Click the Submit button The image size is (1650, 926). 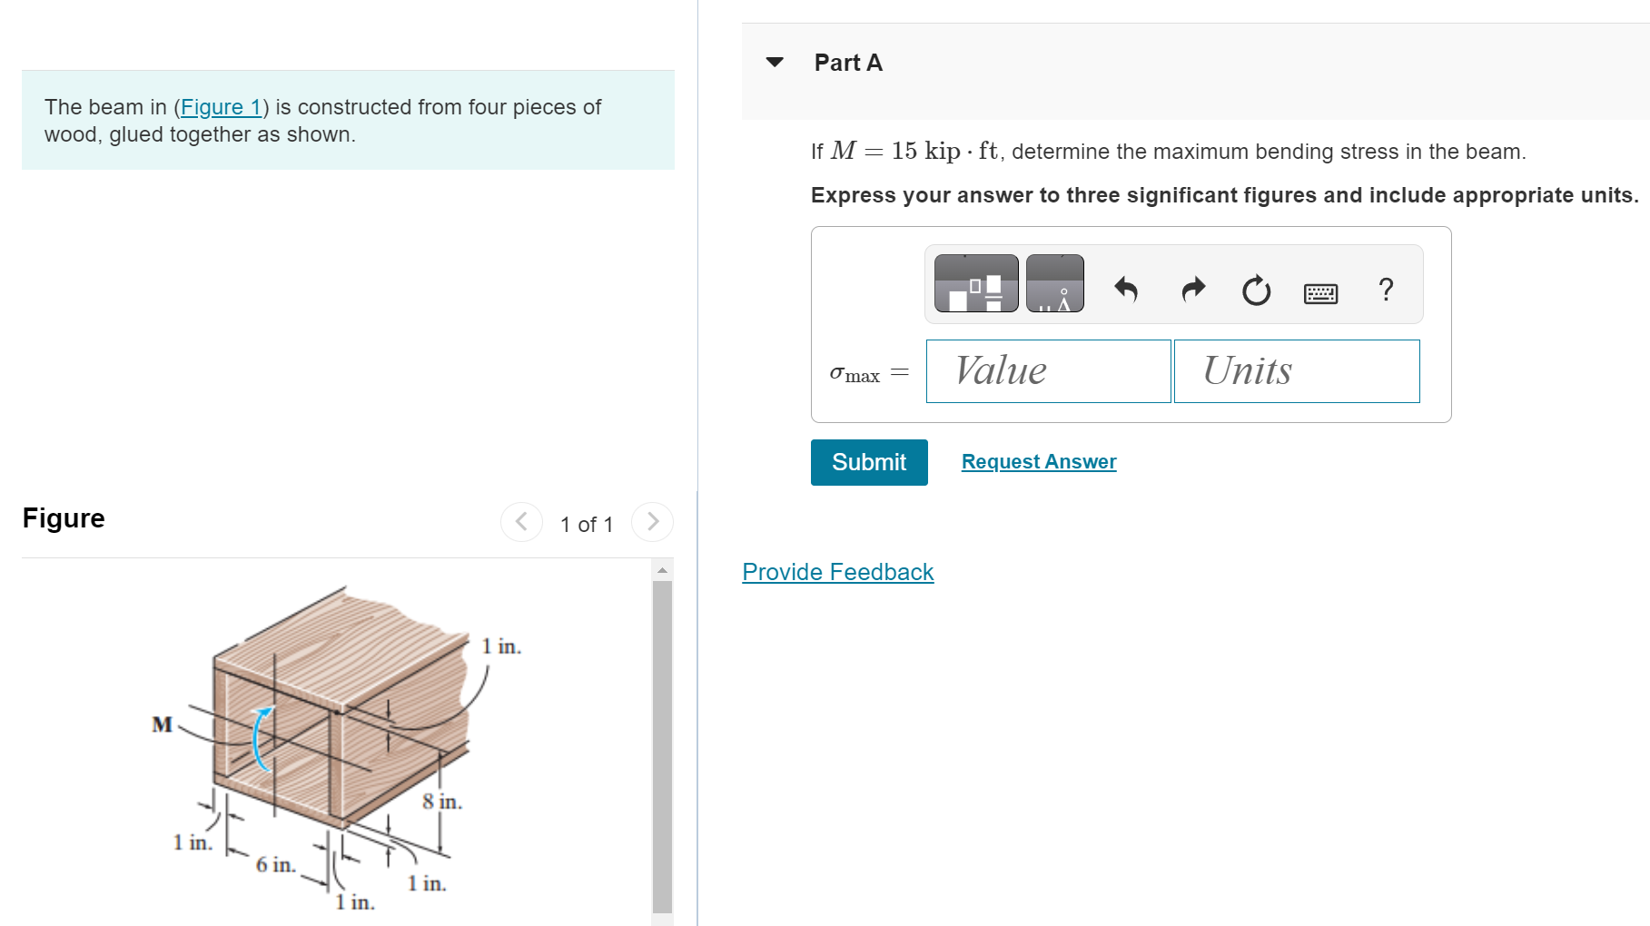point(868,462)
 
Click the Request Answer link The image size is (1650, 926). point(1038,462)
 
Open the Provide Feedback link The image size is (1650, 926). point(837,572)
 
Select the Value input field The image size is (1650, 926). point(1048,371)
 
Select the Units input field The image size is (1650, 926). point(1296,371)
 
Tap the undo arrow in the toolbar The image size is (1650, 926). point(1126,289)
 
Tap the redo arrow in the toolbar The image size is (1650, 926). point(1193,289)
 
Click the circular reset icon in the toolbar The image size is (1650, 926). point(1256,291)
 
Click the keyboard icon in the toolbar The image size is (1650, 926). point(1320,293)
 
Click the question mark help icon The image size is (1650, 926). point(1386,290)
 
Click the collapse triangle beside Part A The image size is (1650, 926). point(775,63)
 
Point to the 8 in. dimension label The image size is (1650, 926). point(441,802)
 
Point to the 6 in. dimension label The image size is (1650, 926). point(275,864)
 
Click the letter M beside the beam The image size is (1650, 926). point(162,724)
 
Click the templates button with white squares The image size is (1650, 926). point(976,284)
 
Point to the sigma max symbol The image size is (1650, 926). point(855,373)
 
